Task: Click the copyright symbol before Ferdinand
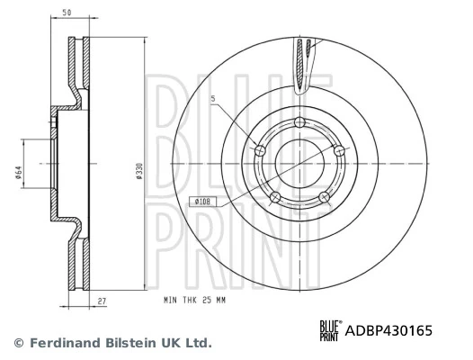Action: tap(19, 343)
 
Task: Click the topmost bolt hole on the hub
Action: tap(299, 124)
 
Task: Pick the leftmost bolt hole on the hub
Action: tap(261, 150)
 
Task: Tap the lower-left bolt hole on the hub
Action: tap(275, 196)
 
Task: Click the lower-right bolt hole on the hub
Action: tap(324, 196)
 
